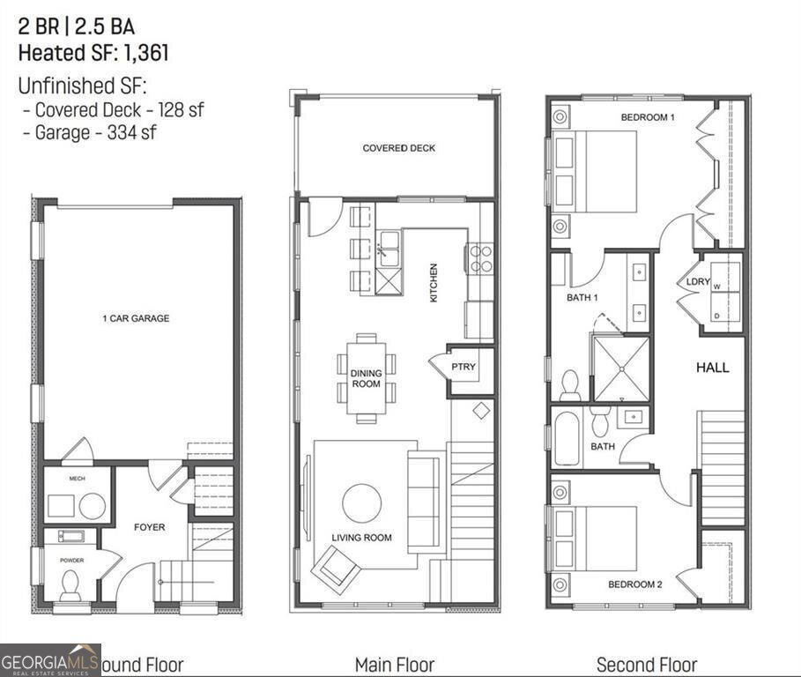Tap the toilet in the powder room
click(x=70, y=583)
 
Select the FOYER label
click(x=149, y=527)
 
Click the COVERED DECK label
click(x=398, y=148)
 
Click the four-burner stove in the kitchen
click(x=480, y=257)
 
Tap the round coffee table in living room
click(x=361, y=503)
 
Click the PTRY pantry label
click(x=464, y=366)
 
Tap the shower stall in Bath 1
click(x=621, y=368)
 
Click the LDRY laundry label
click(x=699, y=282)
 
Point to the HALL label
click(x=713, y=368)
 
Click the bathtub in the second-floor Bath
click(x=566, y=437)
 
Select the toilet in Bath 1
click(x=570, y=384)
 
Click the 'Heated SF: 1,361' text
click(x=93, y=53)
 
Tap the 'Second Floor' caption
click(x=646, y=665)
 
